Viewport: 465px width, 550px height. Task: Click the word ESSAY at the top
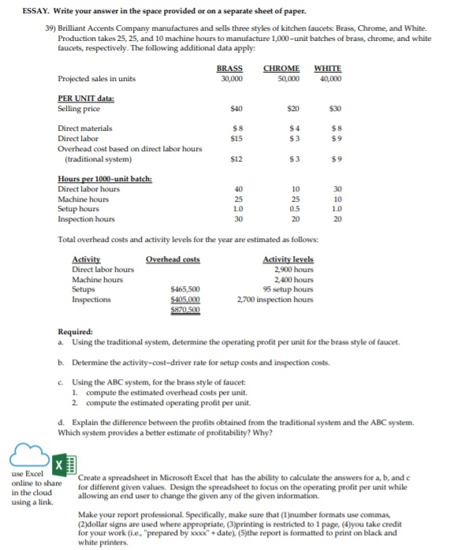(23, 9)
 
